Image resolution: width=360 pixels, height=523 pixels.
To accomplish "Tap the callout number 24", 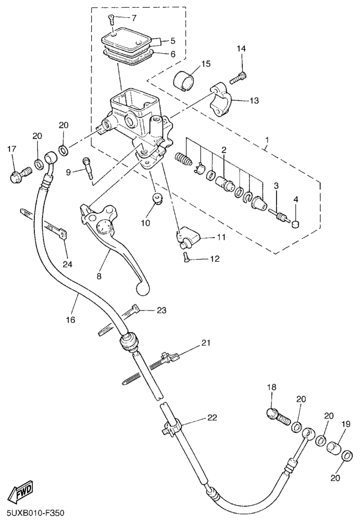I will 67,264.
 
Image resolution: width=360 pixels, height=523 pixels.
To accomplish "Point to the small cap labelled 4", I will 295,224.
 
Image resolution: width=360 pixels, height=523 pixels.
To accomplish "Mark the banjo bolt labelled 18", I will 275,415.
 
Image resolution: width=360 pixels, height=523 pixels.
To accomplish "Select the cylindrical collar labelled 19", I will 334,448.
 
